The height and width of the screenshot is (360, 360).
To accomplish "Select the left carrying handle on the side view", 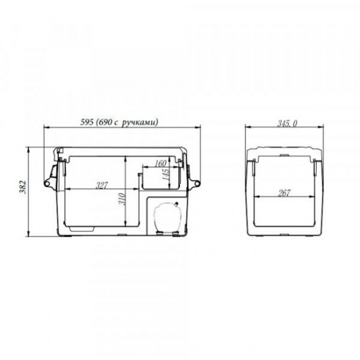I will pyautogui.click(x=50, y=175).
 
